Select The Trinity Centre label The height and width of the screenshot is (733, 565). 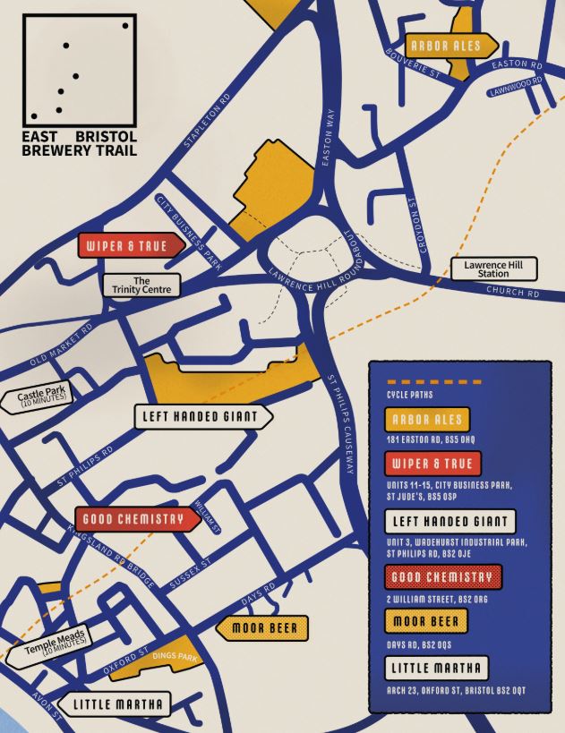141,286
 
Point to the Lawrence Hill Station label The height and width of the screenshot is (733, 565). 494,268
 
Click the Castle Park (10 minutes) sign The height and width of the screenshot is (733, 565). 46,396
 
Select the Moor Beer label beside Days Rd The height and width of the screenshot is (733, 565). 264,628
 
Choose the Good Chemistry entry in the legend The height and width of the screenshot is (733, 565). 443,577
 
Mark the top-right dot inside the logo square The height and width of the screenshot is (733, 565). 125,25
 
